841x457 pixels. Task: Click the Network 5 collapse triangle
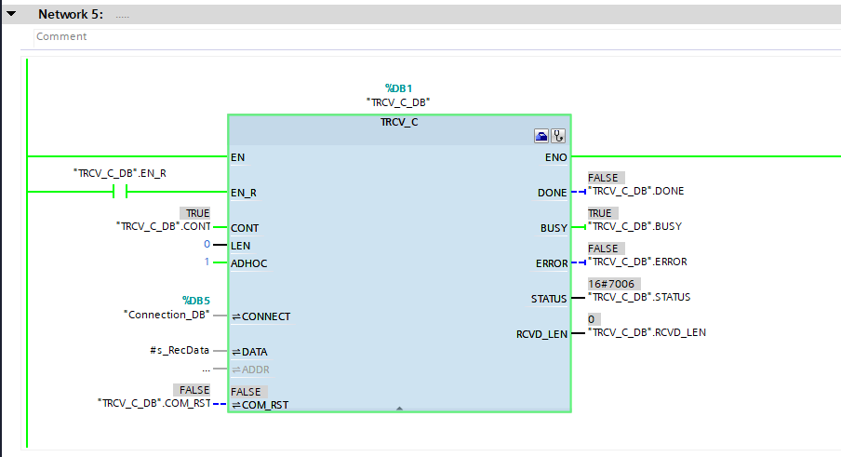coord(11,14)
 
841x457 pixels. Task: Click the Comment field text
coord(61,36)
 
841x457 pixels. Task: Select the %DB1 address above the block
coord(398,88)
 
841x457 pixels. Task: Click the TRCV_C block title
coord(398,122)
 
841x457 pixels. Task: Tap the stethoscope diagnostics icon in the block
coord(559,136)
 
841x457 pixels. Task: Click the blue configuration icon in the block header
coord(541,136)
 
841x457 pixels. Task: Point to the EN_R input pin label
coord(244,193)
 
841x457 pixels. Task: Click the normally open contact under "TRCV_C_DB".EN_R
coord(119,192)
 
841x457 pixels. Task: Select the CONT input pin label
coord(245,228)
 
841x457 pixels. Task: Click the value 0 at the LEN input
coord(207,245)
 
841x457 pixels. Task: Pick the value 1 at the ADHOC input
coord(207,262)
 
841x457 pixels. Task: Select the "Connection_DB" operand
coord(167,315)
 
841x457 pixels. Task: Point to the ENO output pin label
coord(555,157)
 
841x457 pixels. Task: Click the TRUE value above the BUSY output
coord(600,213)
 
